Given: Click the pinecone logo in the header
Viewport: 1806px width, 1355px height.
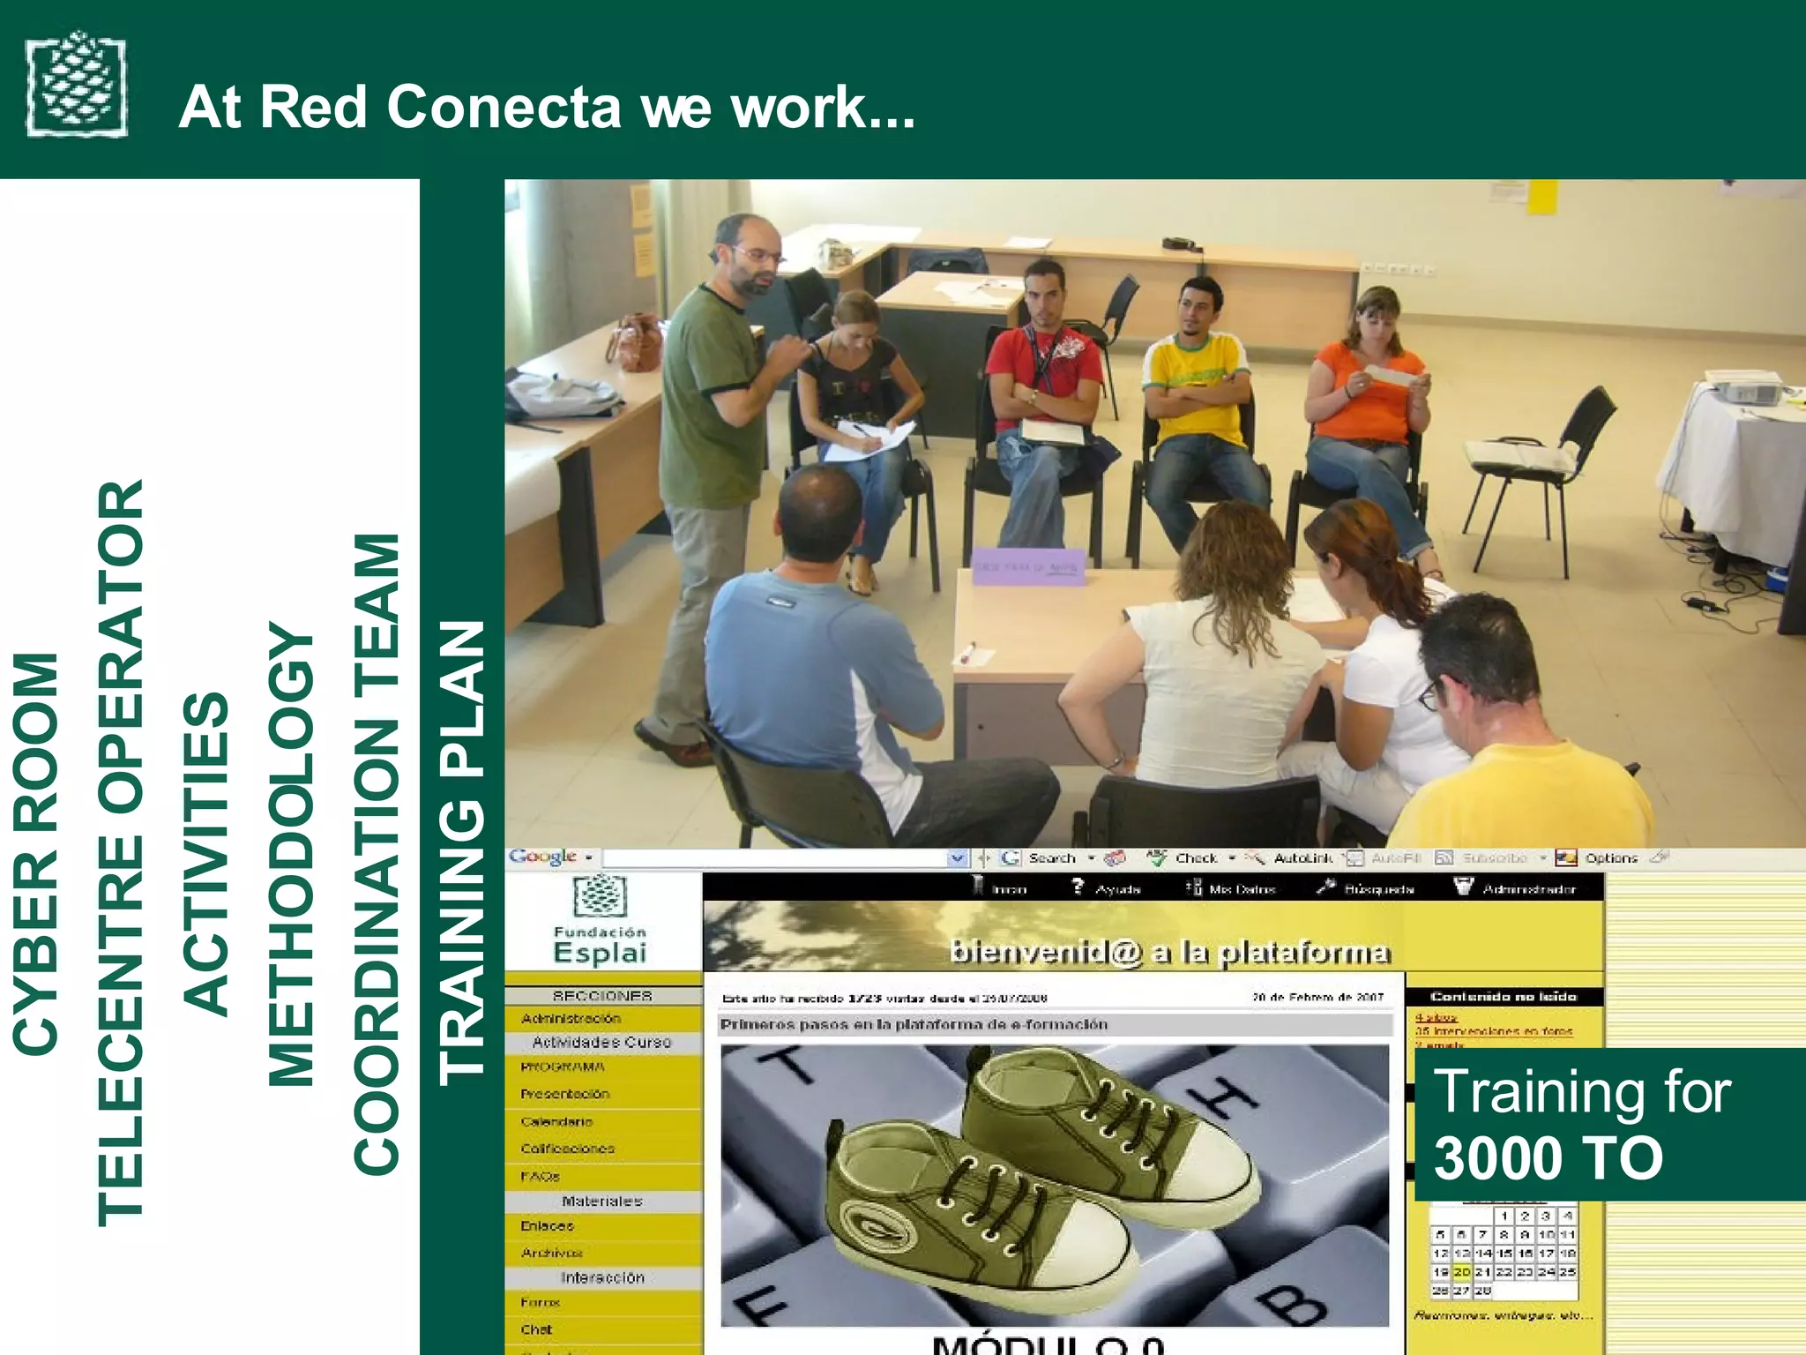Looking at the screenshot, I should [x=77, y=86].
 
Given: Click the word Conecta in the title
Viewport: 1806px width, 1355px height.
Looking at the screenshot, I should [x=504, y=107].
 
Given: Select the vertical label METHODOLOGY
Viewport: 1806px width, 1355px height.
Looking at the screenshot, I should [x=291, y=854].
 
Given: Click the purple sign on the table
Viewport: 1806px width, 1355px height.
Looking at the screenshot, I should [x=1028, y=566].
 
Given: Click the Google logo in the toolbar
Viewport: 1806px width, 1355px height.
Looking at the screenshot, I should [x=543, y=857].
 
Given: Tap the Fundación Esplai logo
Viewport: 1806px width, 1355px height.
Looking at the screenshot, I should [x=601, y=922].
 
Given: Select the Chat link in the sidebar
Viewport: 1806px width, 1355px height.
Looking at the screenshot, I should [x=536, y=1329].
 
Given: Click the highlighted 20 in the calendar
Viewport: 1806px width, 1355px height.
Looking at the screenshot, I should [x=1461, y=1272].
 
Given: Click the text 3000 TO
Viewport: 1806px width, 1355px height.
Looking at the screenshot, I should [x=1548, y=1157].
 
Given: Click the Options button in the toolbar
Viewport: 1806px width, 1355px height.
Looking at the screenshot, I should [x=1609, y=857].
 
